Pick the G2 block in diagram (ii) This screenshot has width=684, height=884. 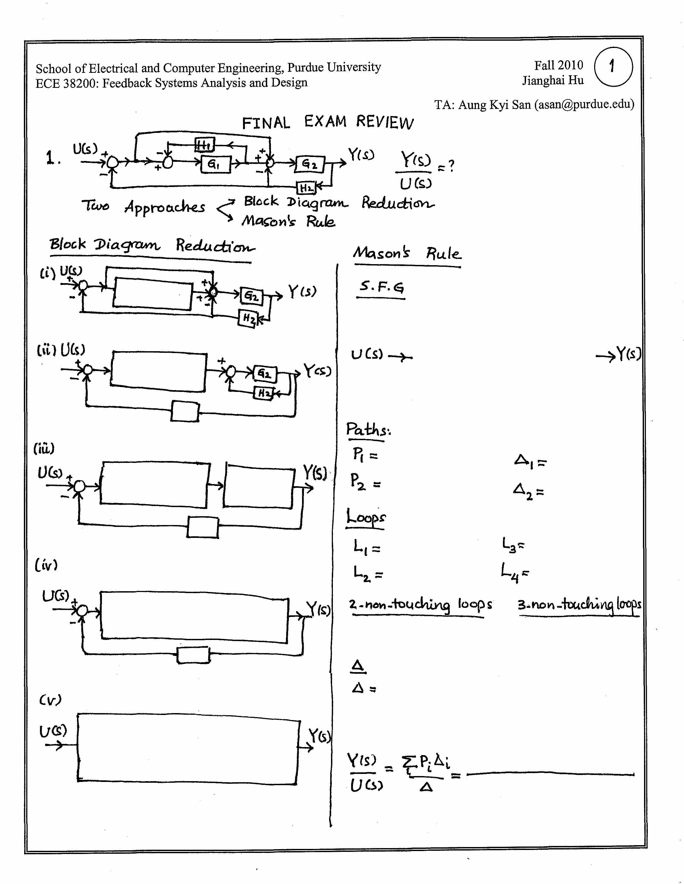[x=265, y=373]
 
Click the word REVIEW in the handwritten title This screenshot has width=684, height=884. [x=385, y=122]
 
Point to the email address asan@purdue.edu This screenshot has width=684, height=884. [x=584, y=104]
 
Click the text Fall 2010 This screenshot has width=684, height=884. [x=558, y=65]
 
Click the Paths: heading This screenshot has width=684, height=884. [x=368, y=430]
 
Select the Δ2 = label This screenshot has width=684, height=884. [x=528, y=491]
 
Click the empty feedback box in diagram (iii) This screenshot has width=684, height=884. [x=203, y=527]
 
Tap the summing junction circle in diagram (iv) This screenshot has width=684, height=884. [x=82, y=611]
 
